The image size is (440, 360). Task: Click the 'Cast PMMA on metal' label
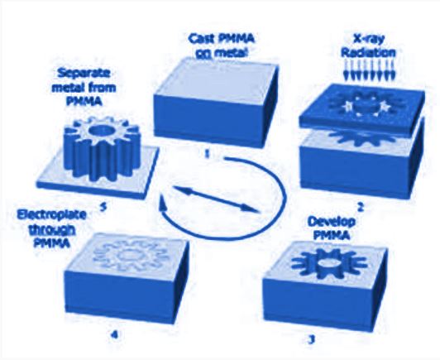click(222, 46)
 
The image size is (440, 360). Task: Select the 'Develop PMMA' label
click(332, 228)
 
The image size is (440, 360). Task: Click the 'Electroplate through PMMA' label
click(51, 228)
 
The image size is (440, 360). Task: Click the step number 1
click(207, 154)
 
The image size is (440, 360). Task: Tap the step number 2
click(361, 208)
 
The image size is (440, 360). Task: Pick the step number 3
click(310, 340)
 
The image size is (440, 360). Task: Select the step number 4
click(114, 334)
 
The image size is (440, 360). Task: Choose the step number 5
click(103, 208)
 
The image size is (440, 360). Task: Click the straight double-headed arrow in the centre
click(217, 199)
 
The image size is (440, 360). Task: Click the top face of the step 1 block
click(216, 78)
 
